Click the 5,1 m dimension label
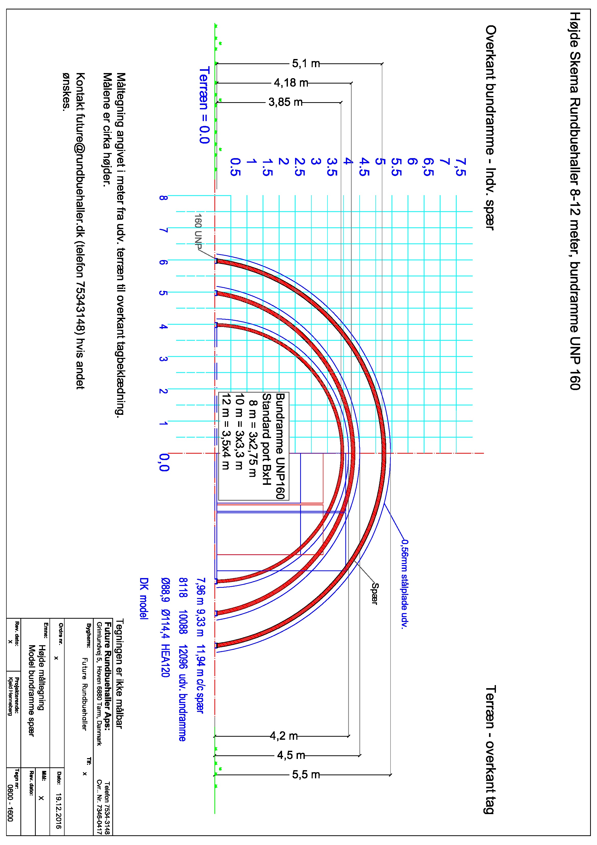pos(306,64)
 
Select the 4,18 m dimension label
pos(291,83)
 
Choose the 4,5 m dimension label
pos(291,755)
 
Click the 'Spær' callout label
pos(374,593)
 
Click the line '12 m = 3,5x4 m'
pos(226,432)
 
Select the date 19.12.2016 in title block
pos(58,811)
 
